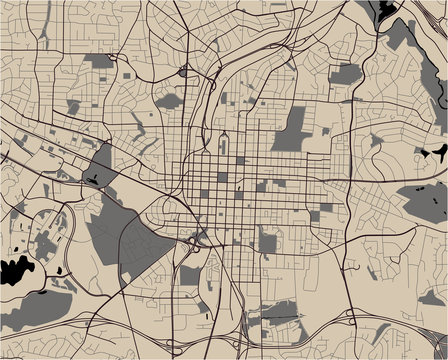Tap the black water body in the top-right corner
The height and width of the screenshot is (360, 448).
click(386, 10)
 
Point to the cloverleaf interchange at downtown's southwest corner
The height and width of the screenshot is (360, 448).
click(193, 239)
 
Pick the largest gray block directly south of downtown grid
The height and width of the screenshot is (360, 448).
click(267, 241)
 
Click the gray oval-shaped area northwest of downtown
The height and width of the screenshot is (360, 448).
click(167, 101)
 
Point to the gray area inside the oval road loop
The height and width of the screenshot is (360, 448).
click(45, 240)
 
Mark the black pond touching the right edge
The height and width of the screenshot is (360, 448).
click(437, 155)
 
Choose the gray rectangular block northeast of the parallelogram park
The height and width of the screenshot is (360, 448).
click(345, 74)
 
